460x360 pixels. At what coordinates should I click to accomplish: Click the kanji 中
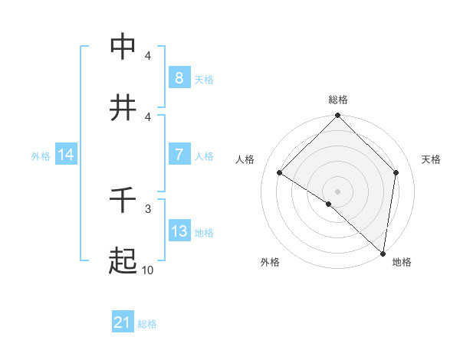pos(123,47)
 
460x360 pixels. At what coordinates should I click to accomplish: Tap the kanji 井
pos(123,107)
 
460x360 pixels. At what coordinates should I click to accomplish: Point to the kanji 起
pos(123,261)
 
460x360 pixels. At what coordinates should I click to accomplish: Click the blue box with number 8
pos(179,77)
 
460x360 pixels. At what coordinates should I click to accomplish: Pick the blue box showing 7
pos(179,155)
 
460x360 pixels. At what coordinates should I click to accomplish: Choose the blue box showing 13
pos(179,231)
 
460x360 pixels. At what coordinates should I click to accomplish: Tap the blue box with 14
pos(66,155)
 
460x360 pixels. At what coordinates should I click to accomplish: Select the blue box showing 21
pos(122,322)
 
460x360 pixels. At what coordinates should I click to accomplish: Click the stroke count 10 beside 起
pos(148,270)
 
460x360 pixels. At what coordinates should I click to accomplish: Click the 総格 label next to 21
pos(147,324)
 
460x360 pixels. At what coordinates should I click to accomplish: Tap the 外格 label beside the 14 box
pos(41,156)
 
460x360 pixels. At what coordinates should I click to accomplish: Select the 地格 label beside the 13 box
pos(204,233)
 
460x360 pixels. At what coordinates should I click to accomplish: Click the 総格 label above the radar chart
pos(337,100)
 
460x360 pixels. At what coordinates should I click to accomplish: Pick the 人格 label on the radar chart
pos(245,159)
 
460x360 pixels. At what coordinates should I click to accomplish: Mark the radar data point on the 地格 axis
pos(383,254)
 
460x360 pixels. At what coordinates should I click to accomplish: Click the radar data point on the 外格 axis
pos(329,204)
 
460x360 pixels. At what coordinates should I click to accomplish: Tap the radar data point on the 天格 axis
pos(396,172)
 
